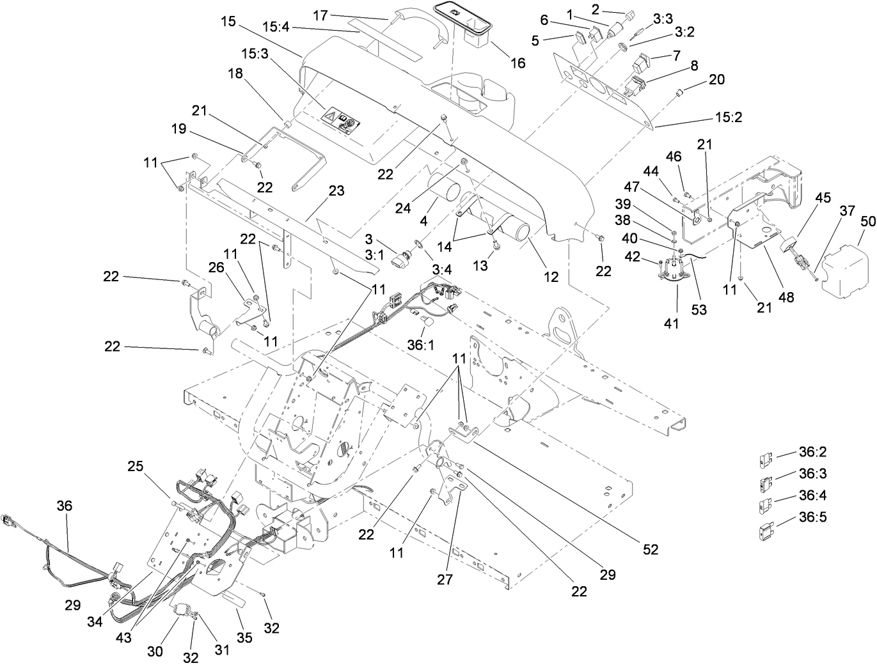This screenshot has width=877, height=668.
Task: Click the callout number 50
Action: pos(867,222)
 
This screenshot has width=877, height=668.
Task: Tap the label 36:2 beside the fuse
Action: pos(812,453)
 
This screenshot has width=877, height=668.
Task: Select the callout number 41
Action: pos(670,324)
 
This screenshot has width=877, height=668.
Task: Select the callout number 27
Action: pos(445,579)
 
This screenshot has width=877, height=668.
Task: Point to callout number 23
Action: pos(336,190)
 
